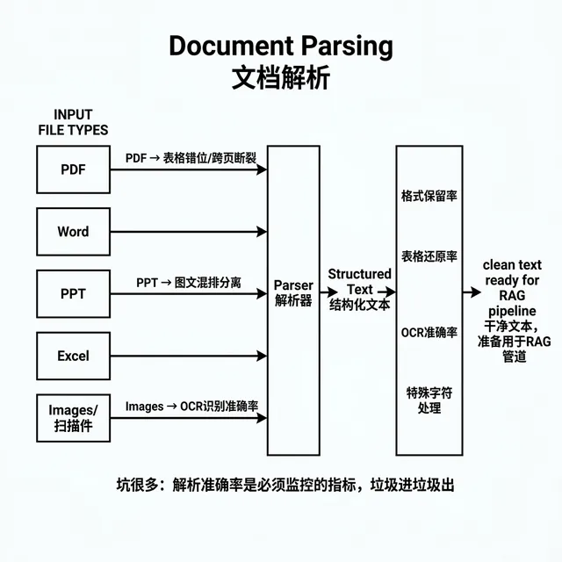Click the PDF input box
click(x=74, y=169)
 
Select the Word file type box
click(x=74, y=232)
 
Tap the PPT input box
click(x=74, y=294)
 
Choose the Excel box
click(x=74, y=357)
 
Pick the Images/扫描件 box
click(x=74, y=419)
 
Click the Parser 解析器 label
click(x=293, y=293)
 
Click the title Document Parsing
click(x=280, y=46)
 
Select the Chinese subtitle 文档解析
click(x=280, y=77)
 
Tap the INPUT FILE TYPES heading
click(x=73, y=122)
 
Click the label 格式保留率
click(x=429, y=196)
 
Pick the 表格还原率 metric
click(x=429, y=257)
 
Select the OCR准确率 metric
click(x=429, y=332)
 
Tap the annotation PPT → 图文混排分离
click(x=189, y=283)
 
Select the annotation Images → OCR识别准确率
click(x=191, y=407)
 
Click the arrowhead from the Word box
click(x=261, y=232)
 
